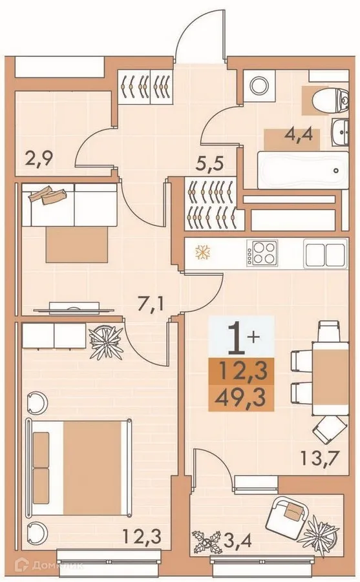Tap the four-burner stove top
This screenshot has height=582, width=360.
click(264, 253)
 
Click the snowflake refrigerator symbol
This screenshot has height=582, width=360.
click(201, 252)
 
